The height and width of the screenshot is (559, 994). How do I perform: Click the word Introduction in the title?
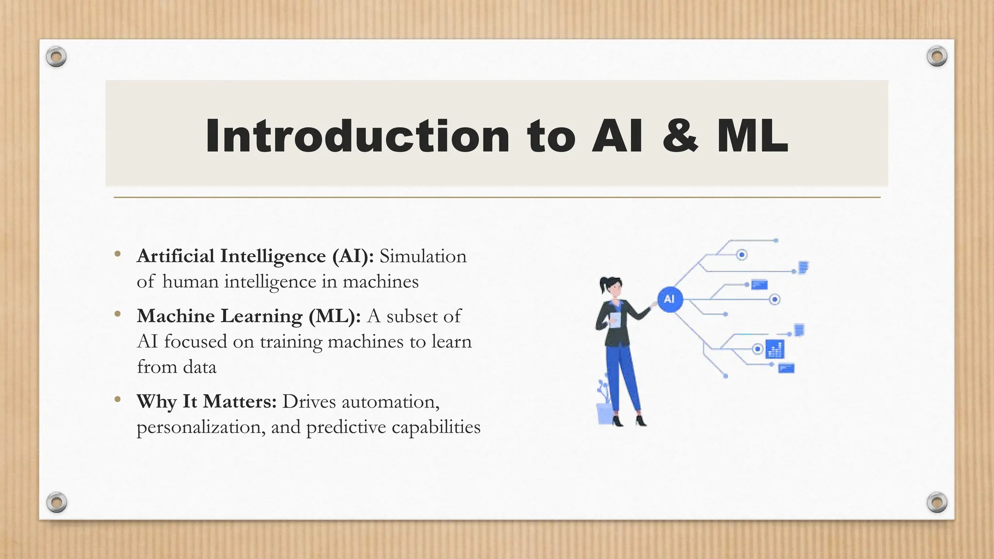pyautogui.click(x=357, y=136)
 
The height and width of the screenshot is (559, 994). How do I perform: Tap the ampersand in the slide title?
pyautogui.click(x=680, y=136)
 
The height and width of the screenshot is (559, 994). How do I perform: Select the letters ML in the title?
pyautogui.click(x=752, y=136)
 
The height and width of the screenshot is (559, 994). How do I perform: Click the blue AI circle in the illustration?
pyautogui.click(x=670, y=299)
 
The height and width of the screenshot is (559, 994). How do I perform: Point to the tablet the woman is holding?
pyautogui.click(x=615, y=319)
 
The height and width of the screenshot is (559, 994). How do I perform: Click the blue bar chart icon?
pyautogui.click(x=775, y=349)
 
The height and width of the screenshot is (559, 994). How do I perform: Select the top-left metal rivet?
pyautogui.click(x=56, y=57)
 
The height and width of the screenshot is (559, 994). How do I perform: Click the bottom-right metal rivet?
pyautogui.click(x=937, y=502)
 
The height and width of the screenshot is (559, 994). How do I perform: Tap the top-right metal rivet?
pyautogui.click(x=937, y=56)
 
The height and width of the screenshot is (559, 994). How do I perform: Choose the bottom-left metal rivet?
pyautogui.click(x=57, y=502)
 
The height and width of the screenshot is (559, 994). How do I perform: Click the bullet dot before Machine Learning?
pyautogui.click(x=117, y=314)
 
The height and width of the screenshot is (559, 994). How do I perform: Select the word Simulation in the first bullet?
pyautogui.click(x=423, y=256)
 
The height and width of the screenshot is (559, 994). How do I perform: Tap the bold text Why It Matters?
pyautogui.click(x=207, y=402)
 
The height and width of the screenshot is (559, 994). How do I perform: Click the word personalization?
pyautogui.click(x=201, y=427)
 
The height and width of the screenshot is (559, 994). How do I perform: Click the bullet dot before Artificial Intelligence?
pyautogui.click(x=117, y=254)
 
